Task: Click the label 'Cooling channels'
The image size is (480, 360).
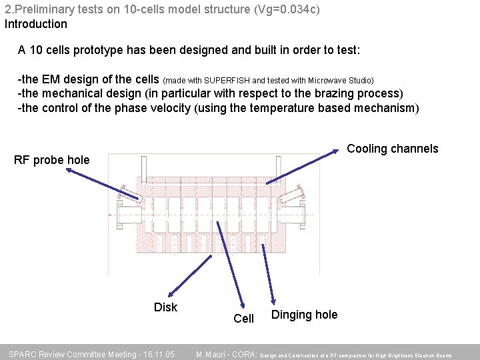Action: pos(393,149)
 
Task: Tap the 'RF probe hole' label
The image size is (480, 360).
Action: pos(51,160)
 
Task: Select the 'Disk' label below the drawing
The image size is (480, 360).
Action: pos(165,307)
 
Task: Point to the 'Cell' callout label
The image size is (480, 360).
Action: pos(243,319)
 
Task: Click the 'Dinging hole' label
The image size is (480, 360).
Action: pos(304,315)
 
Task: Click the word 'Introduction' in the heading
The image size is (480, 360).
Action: pos(36,24)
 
